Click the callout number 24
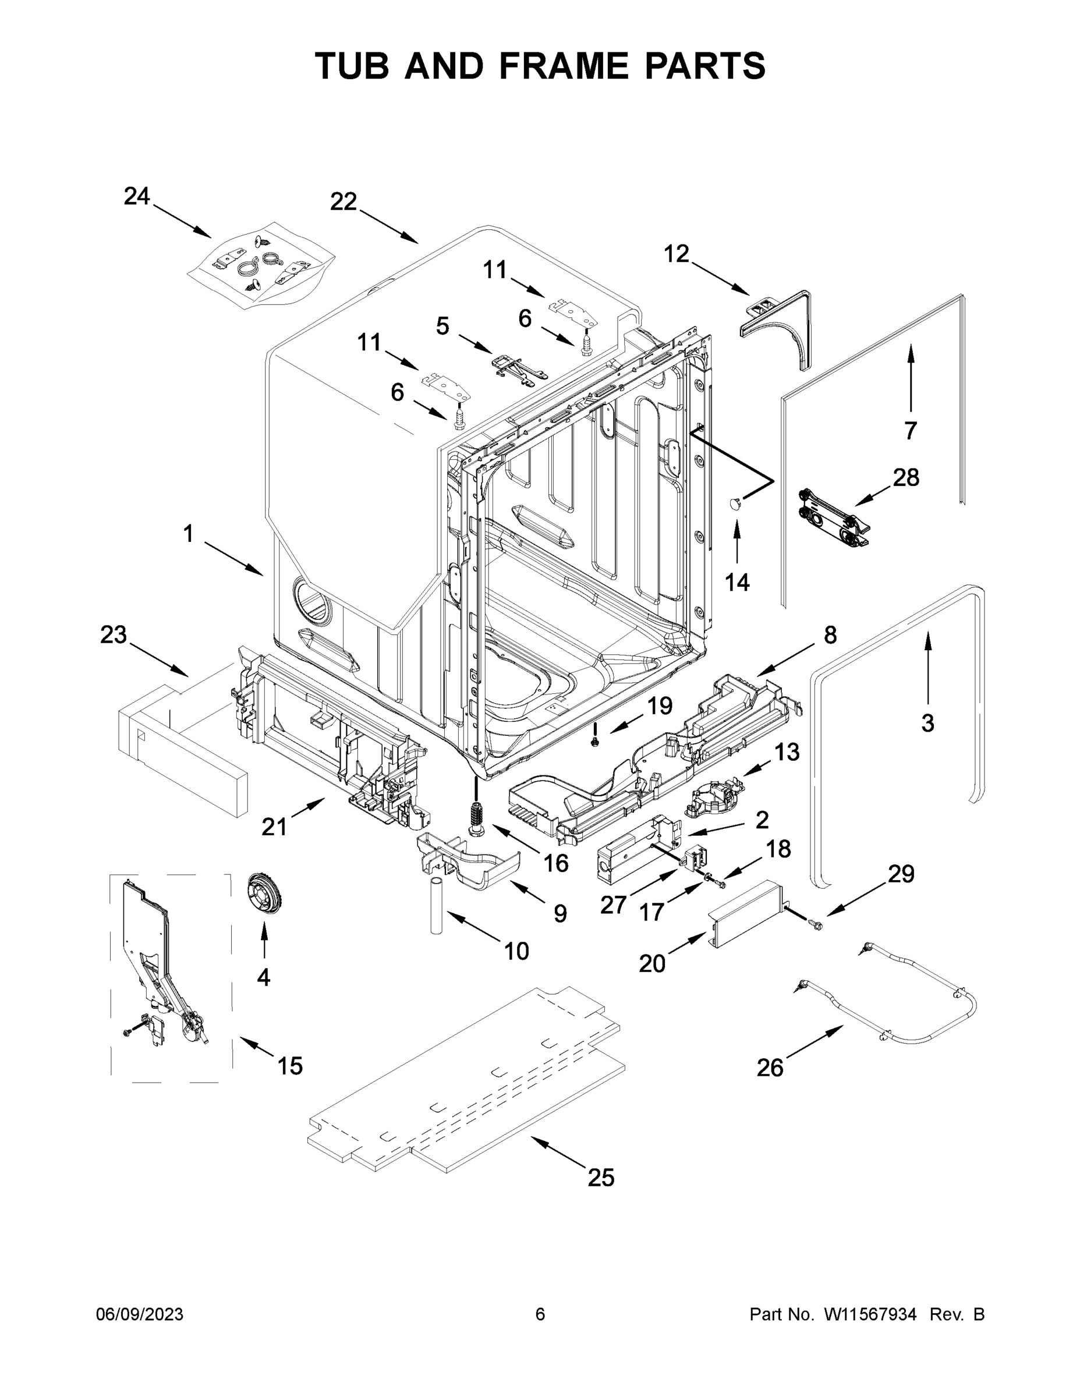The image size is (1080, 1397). (x=136, y=196)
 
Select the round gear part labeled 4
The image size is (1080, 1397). (x=264, y=896)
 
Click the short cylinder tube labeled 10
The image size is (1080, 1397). (x=435, y=906)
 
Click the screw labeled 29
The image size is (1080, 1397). (x=816, y=923)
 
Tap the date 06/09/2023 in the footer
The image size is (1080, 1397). (x=140, y=1314)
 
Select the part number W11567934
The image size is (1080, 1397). (x=870, y=1314)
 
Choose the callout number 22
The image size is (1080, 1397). (x=343, y=201)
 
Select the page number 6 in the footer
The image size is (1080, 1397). (x=540, y=1314)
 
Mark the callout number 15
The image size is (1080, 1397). (x=290, y=1066)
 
